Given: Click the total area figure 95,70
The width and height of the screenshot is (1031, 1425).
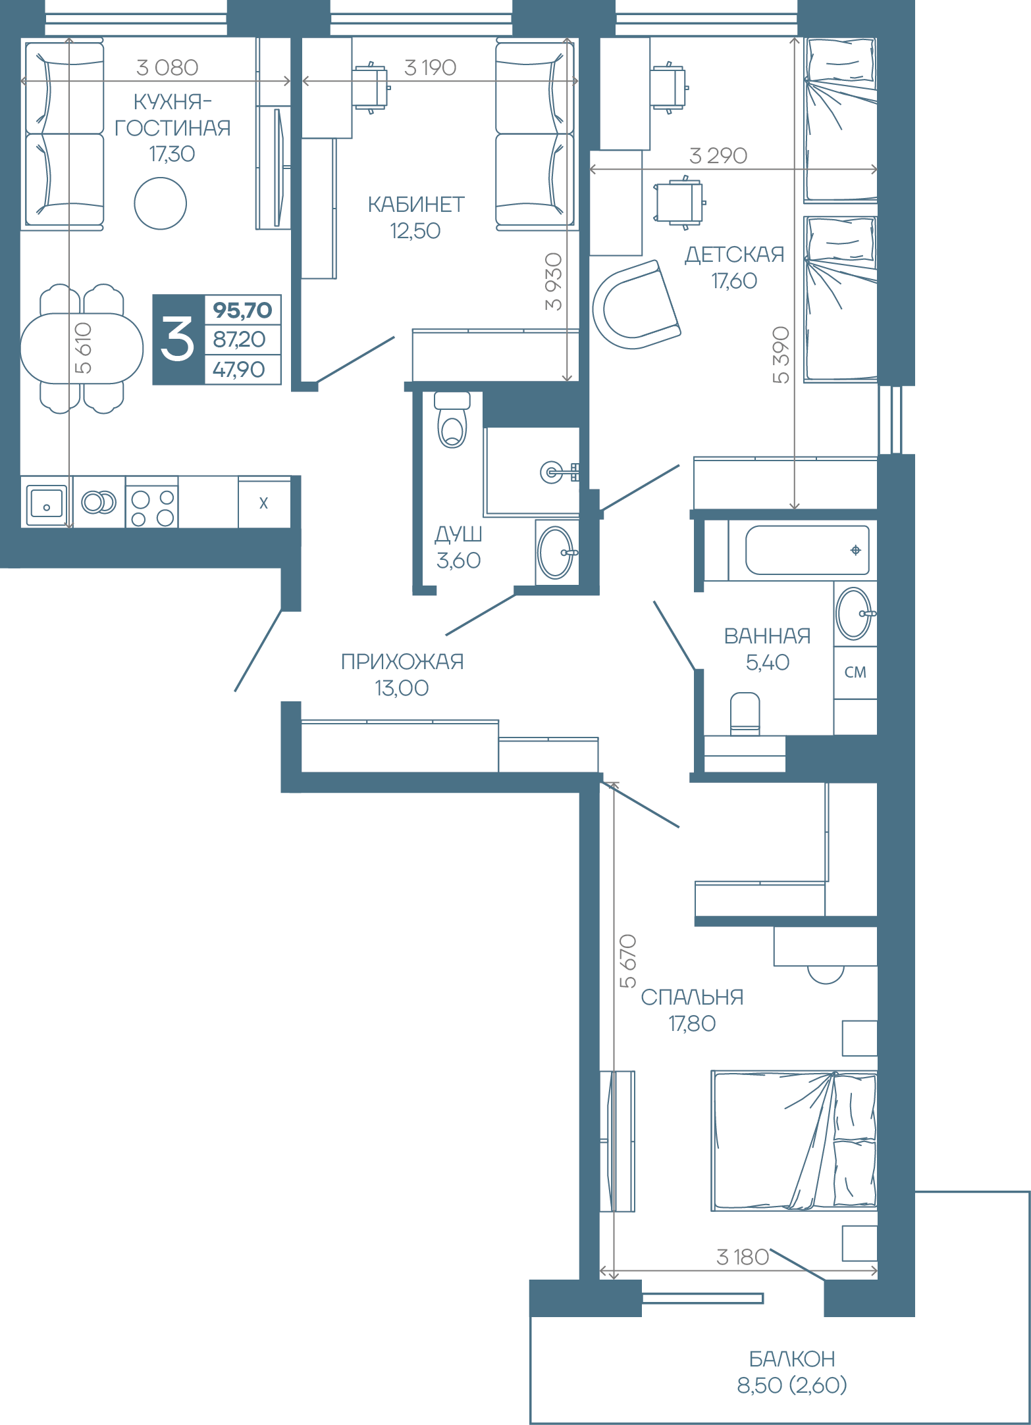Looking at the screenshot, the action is click(x=242, y=310).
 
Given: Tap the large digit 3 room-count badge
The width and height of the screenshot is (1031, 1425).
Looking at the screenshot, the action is click(x=178, y=339).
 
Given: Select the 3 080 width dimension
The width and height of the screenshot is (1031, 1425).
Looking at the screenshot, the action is click(x=167, y=67).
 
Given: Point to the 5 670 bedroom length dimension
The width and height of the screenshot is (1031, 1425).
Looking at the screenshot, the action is click(x=629, y=961).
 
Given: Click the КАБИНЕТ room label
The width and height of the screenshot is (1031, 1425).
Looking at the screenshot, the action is click(x=416, y=205).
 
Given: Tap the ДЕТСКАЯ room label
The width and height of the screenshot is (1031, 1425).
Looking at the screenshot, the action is click(x=735, y=255).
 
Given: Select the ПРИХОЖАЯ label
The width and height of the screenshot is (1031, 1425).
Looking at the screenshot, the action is click(x=402, y=661).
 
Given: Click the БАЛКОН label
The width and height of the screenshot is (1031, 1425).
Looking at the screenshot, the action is click(x=792, y=1359).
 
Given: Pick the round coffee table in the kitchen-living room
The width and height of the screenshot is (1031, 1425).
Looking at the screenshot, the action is click(x=161, y=204).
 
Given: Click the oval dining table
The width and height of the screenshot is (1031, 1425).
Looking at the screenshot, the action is click(x=82, y=349).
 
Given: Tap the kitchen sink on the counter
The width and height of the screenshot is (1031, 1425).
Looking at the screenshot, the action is click(x=46, y=503).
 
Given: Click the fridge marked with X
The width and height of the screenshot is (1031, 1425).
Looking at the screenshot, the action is click(x=264, y=503).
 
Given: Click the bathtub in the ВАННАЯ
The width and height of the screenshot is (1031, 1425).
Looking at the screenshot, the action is click(x=807, y=550).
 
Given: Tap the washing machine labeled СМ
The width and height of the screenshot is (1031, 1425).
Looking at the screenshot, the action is click(x=855, y=672).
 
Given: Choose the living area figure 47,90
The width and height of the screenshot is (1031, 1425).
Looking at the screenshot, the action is click(x=239, y=370).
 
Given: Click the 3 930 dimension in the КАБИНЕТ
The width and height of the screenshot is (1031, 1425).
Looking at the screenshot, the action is click(x=554, y=282).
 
